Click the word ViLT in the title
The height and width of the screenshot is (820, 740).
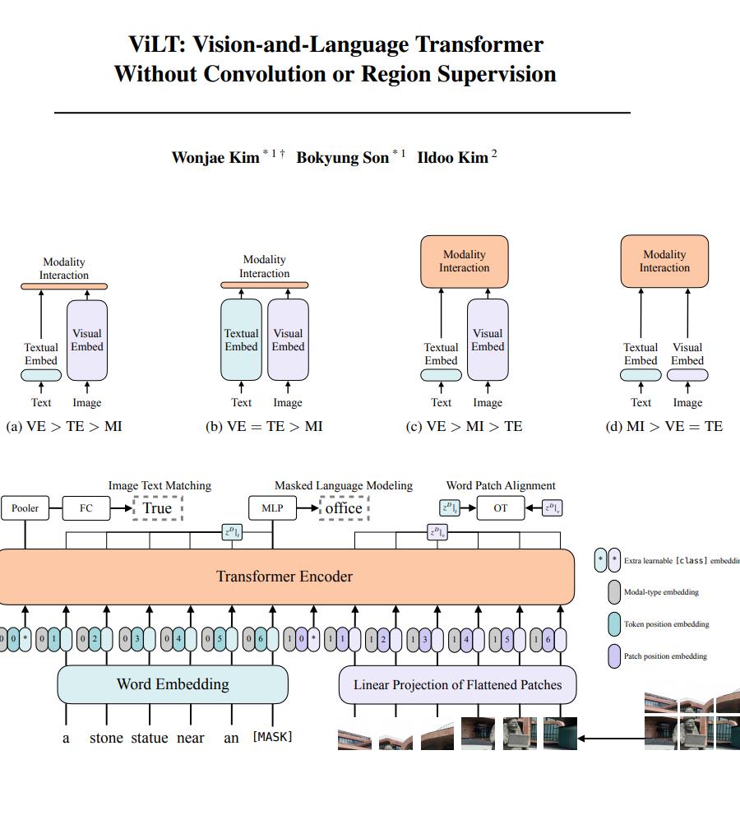tap(156, 44)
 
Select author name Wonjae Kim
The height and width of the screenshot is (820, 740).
tap(215, 157)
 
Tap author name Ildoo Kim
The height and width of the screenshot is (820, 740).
tap(452, 157)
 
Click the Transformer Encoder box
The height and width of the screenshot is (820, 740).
tap(284, 576)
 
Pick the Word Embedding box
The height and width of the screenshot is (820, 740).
tap(173, 684)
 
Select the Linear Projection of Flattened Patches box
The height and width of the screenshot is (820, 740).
tap(458, 684)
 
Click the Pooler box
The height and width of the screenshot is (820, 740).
tap(25, 508)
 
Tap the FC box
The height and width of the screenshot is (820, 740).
tap(86, 508)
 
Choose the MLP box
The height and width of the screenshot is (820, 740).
tap(272, 508)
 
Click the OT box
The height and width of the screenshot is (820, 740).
tap(501, 508)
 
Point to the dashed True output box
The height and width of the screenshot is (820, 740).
tap(157, 508)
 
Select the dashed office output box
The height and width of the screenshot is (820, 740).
tap(344, 508)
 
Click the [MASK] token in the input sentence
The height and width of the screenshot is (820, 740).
tap(272, 737)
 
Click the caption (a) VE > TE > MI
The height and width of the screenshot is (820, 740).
tap(64, 426)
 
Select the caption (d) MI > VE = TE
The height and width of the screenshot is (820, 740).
tap(664, 426)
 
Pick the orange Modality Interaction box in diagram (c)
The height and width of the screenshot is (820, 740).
tap(465, 262)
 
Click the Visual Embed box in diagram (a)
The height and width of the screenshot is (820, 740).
tap(86, 340)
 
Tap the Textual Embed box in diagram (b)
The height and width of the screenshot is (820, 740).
tap(241, 340)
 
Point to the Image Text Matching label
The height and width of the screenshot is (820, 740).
tap(160, 485)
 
